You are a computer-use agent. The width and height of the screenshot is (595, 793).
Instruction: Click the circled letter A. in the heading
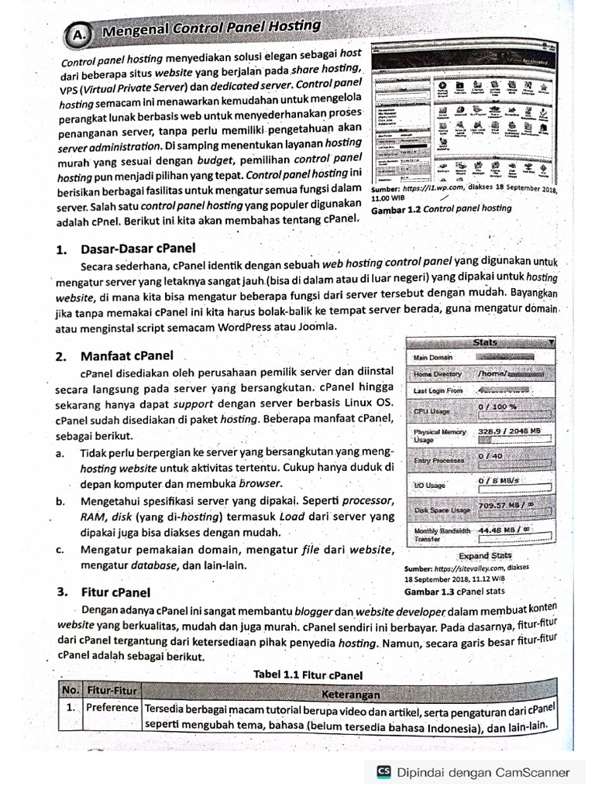point(78,35)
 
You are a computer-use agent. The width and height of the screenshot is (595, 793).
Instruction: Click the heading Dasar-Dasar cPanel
point(137,249)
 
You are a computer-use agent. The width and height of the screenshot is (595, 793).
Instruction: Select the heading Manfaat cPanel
point(127,356)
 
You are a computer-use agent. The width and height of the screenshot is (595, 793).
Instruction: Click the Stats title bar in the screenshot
point(484,342)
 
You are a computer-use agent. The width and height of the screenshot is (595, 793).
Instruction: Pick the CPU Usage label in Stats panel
point(432,411)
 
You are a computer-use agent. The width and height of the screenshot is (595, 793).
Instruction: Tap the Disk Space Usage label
point(442,510)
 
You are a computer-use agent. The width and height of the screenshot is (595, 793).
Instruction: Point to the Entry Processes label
point(439,461)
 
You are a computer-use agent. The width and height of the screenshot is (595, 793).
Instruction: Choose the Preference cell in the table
point(112,708)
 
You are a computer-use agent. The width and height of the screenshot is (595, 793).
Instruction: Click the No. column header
point(71,688)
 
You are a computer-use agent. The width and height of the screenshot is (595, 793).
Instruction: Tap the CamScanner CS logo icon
point(383,771)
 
